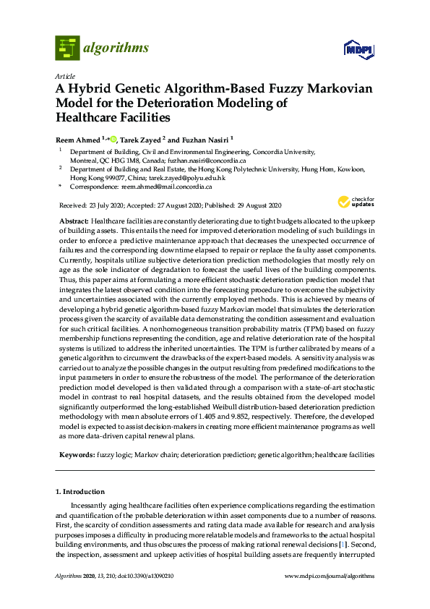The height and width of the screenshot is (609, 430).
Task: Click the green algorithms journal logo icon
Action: [67, 48]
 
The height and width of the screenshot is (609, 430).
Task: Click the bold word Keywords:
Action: [75, 455]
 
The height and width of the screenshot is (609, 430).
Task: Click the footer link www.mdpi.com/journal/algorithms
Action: [330, 576]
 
